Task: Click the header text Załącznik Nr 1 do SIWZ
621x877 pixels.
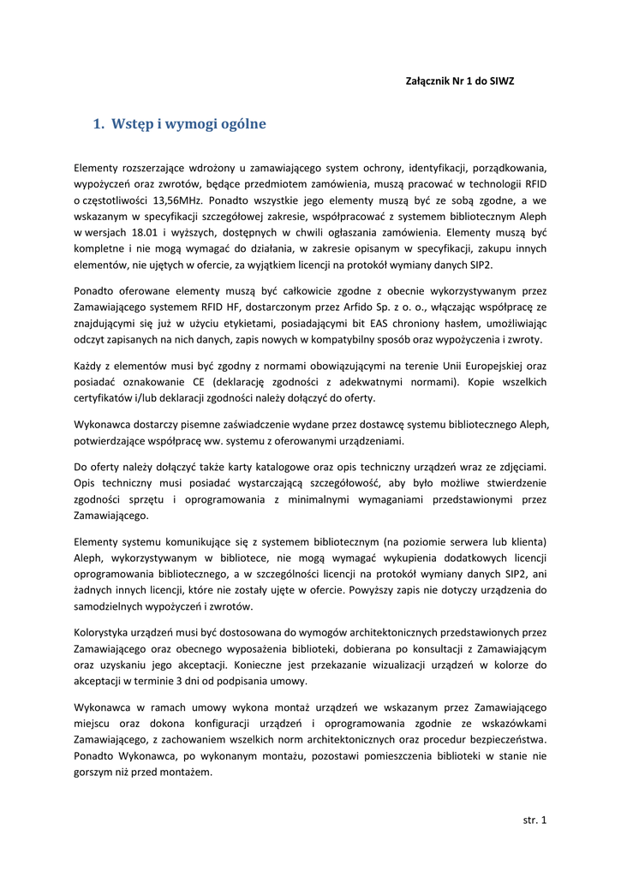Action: tap(459, 81)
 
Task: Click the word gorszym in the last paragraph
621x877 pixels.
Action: tap(94, 773)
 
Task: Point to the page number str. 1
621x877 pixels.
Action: tap(534, 820)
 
